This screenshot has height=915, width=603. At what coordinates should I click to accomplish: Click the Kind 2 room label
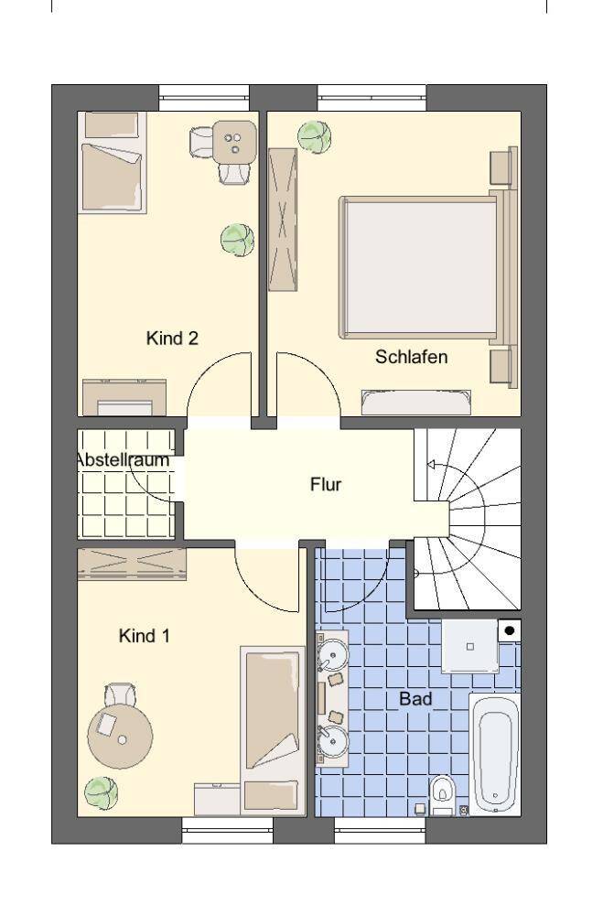[172, 339]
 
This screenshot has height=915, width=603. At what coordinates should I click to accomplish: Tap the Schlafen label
[411, 357]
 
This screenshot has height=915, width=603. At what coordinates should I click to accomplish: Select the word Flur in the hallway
[326, 484]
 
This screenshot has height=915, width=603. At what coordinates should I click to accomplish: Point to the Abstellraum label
[123, 460]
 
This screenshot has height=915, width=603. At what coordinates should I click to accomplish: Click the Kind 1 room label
[144, 635]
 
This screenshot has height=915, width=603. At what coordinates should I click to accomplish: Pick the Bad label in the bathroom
[415, 699]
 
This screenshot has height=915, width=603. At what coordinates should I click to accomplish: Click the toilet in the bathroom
[443, 792]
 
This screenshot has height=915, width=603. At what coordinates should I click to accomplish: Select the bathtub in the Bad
[494, 753]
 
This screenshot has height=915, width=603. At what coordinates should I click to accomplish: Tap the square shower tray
[470, 646]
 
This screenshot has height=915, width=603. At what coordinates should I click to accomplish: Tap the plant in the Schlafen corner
[315, 138]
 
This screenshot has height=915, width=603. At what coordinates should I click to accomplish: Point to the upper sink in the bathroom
[334, 655]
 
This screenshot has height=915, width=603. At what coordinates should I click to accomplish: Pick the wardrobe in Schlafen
[283, 219]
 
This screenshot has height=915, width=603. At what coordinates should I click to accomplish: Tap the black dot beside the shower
[509, 630]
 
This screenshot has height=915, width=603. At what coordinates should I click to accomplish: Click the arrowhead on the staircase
[428, 465]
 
